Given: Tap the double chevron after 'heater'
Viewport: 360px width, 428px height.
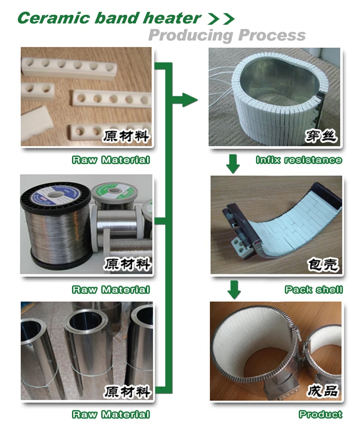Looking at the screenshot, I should click(220, 18).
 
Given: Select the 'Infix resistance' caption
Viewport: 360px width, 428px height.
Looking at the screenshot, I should click(298, 160).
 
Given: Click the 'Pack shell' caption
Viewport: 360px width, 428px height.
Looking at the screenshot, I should click(313, 290).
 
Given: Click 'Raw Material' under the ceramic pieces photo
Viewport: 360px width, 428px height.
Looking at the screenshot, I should click(111, 160).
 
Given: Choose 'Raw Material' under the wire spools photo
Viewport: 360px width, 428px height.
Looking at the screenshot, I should click(111, 290).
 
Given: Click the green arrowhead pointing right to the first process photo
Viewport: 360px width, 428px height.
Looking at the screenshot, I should click(189, 99).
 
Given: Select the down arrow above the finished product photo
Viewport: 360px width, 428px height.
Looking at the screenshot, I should click(233, 289).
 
